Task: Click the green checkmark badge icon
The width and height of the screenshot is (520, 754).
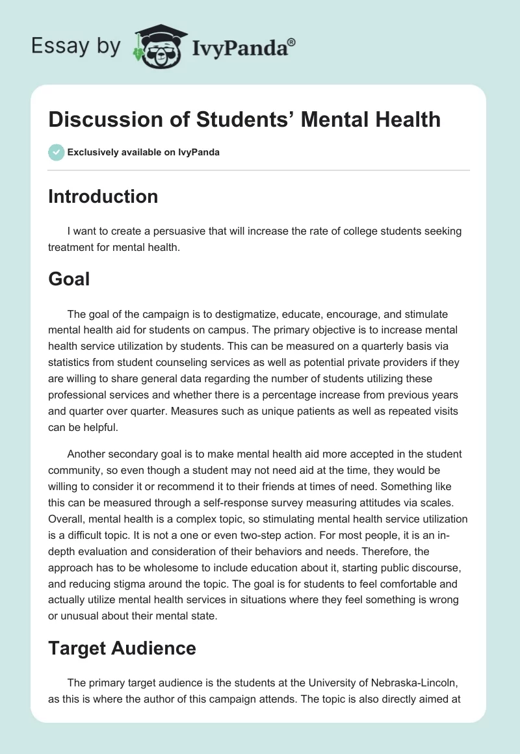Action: coord(55,152)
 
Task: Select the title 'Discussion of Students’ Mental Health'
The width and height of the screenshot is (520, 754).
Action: coord(244,119)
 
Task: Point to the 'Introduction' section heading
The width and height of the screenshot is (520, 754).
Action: coord(103,196)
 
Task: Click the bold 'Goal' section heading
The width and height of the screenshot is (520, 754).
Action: coord(69,279)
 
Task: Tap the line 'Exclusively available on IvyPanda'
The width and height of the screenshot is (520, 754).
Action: coord(143,152)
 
